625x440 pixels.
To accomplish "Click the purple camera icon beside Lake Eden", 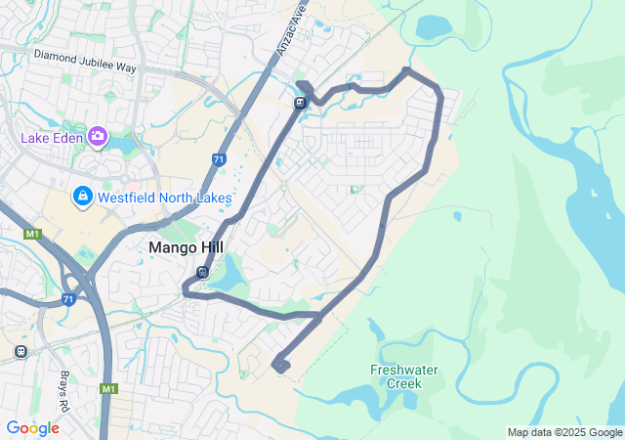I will pos(98,136).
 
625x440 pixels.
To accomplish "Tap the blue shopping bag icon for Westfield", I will pos(82,198).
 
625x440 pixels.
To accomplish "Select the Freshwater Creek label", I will pos(403,376).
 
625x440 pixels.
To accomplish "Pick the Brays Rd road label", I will pos(63,368).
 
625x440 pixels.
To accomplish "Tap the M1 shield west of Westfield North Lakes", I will pos(32,234).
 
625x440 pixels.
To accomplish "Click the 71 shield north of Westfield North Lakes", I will pos(218,158).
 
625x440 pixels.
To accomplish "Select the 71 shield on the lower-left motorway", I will pos(68,299).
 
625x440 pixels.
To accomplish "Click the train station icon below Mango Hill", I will pos(202,273).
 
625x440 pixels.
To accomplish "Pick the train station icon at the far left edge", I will pos(21,351).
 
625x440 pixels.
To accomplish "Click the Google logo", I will pos(32,428).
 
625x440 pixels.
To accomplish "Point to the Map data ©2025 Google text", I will pos(564,432).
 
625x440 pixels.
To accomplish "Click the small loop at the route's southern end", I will pos(281,365).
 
